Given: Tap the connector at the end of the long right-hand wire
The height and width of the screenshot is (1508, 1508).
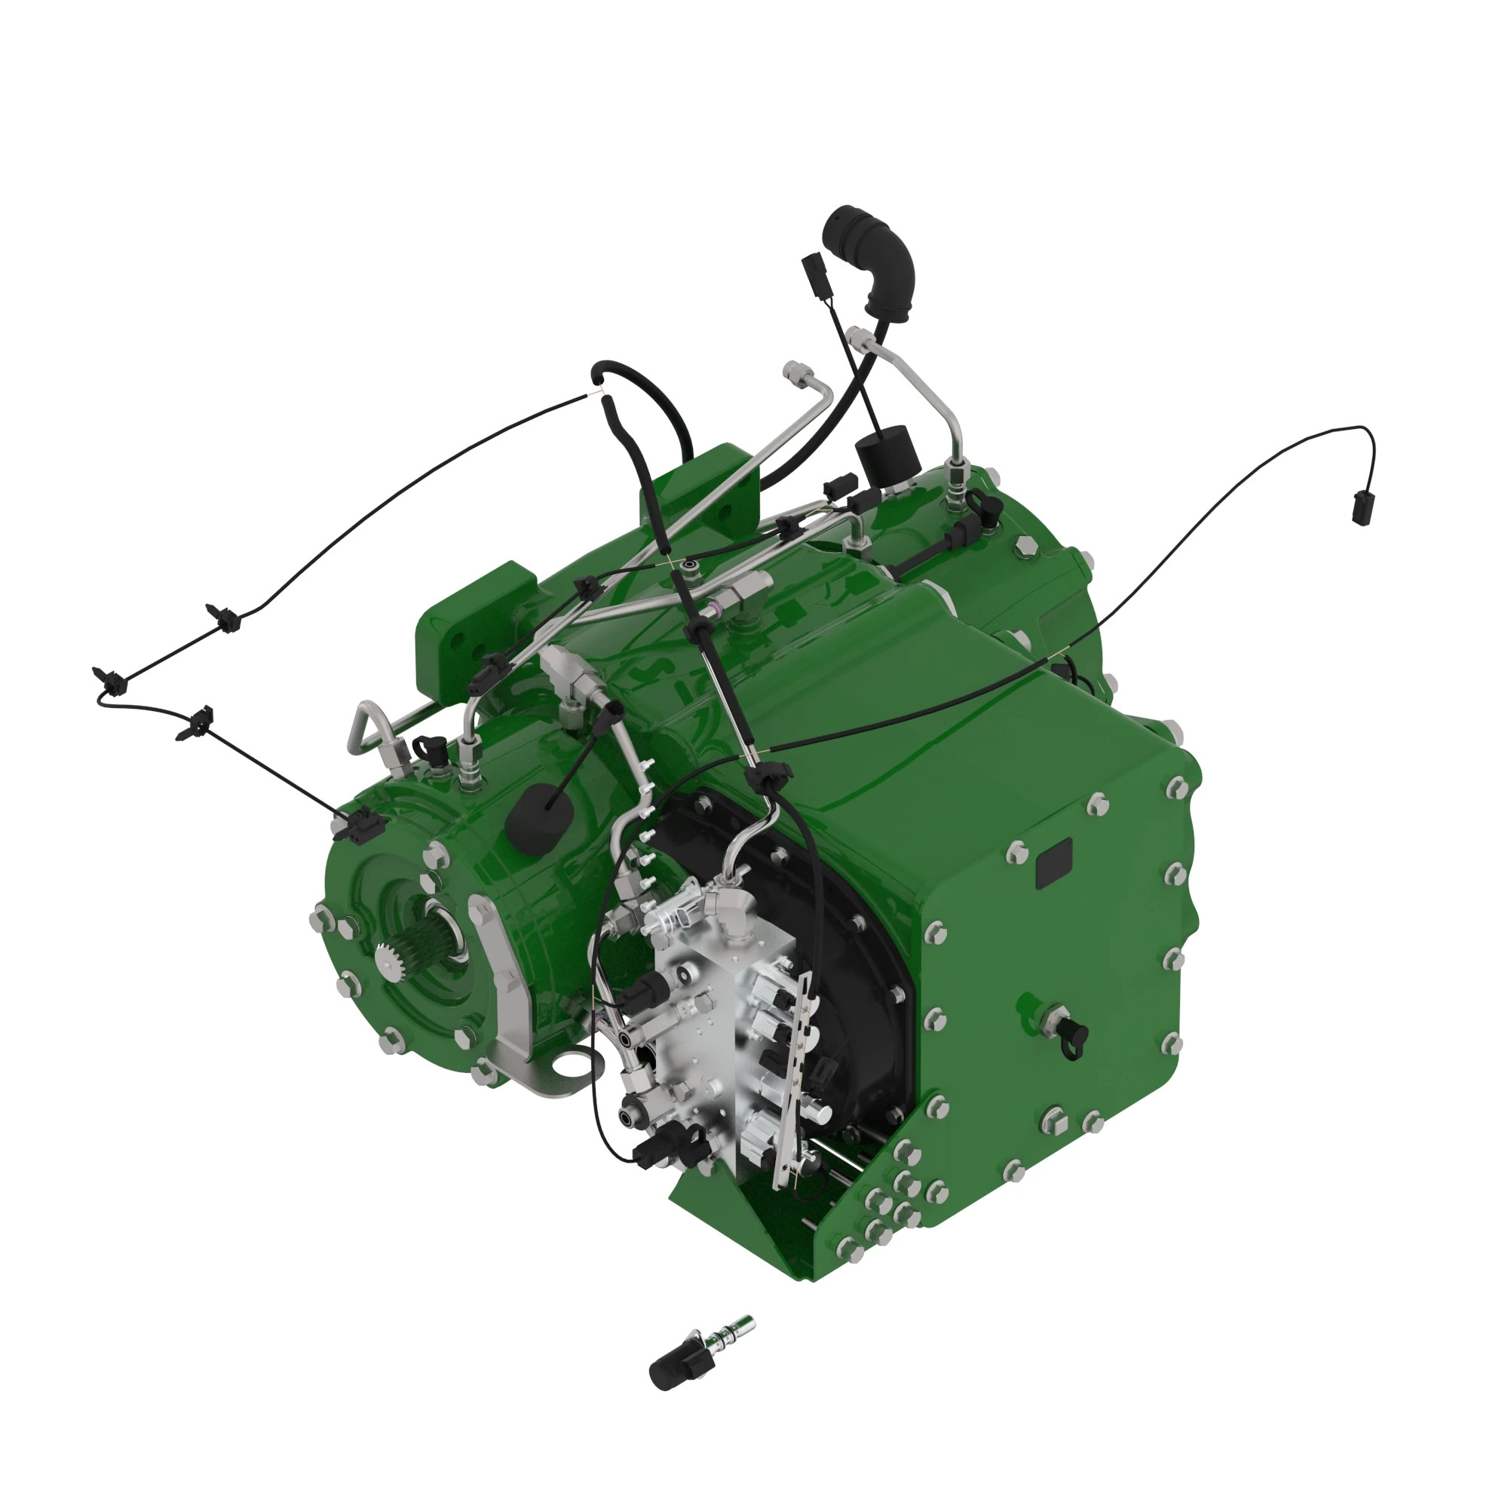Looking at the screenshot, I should click(x=1360, y=507).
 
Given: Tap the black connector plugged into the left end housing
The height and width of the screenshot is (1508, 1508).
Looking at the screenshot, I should click(x=356, y=824).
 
